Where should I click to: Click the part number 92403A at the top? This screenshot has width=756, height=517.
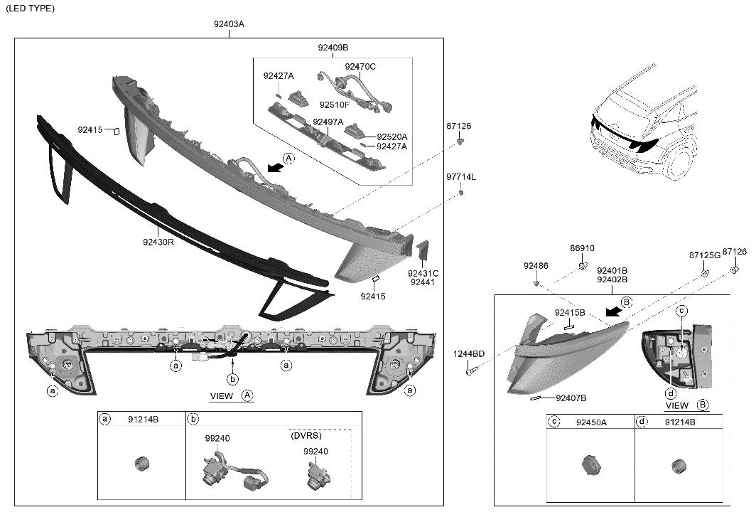(x=229, y=24)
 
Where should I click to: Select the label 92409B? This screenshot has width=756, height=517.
(x=333, y=48)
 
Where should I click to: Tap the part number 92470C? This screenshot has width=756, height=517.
(x=360, y=67)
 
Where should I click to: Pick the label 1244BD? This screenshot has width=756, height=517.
(x=469, y=354)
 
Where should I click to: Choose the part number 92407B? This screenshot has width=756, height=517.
(x=571, y=398)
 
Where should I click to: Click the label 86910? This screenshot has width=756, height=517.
(x=582, y=248)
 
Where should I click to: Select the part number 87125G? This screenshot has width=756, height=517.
(x=704, y=255)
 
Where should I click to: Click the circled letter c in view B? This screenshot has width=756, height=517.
(x=681, y=310)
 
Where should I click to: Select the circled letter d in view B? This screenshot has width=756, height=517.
(x=669, y=393)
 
